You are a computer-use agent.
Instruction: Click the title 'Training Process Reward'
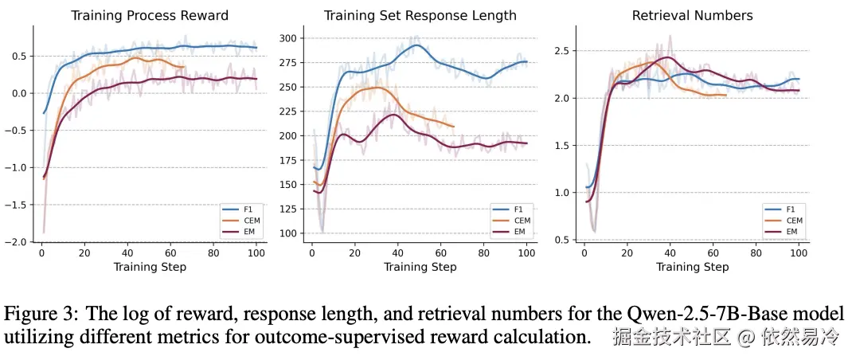tap(150, 15)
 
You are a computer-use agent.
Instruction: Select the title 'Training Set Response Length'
tap(420, 15)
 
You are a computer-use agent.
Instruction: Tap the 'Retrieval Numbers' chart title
tap(692, 15)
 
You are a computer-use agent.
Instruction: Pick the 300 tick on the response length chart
tap(287, 38)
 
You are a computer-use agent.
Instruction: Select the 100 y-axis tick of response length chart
tap(287, 233)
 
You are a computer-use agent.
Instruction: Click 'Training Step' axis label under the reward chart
tap(150, 267)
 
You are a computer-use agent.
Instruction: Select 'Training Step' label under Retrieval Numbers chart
tap(692, 267)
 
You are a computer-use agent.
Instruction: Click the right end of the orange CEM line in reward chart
tap(184, 68)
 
